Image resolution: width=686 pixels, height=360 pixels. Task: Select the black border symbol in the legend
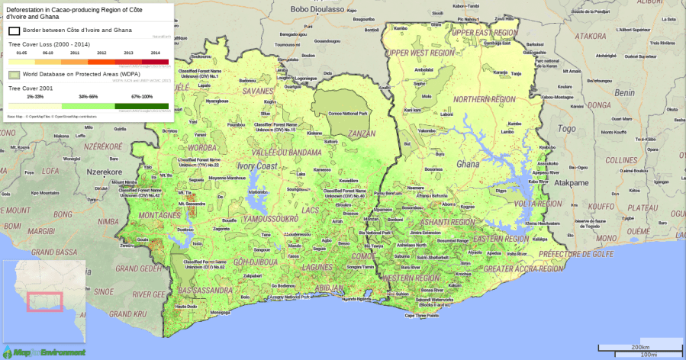14,31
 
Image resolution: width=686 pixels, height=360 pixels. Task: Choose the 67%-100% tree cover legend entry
142,106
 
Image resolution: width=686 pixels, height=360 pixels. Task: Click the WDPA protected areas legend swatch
14,75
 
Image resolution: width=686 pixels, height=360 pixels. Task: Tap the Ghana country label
467,165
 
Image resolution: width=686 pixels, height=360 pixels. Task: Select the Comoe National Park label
347,114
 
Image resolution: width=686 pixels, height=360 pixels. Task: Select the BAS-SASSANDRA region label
202,291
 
